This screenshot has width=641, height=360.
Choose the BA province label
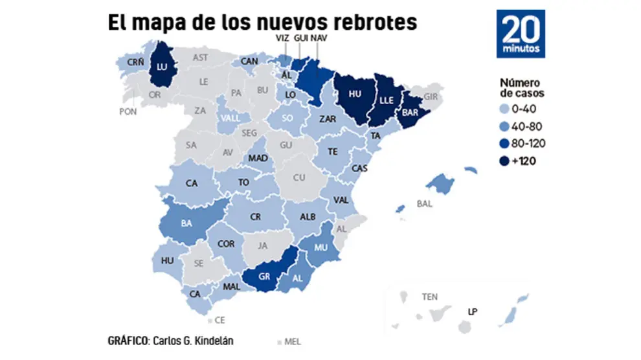pos(186,224)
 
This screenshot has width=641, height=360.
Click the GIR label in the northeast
pos(431,96)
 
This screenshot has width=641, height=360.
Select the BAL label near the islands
pos(425,203)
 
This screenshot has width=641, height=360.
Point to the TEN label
pos(429,297)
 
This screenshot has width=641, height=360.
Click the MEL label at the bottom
pos(292,341)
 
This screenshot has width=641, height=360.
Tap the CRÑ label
pos(135,62)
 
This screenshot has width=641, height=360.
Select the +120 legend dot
pos(506,161)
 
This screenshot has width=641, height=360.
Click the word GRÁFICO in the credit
pos(129,340)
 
